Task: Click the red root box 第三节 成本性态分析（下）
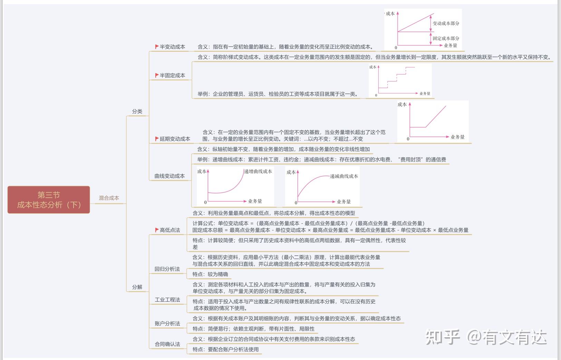pos(49,200)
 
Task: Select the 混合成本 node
pos(109,198)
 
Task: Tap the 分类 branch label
pos(137,111)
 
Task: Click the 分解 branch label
pos(137,287)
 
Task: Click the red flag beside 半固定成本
pos(157,76)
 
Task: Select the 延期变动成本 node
pos(175,139)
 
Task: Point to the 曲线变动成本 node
pos(170,176)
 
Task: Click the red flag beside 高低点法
pos(157,230)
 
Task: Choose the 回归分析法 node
pos(167,269)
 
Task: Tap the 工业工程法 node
pos(167,300)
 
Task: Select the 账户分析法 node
pos(167,324)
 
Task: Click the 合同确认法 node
pos(167,344)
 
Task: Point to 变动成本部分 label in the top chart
pos(446,23)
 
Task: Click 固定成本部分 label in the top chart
pos(446,38)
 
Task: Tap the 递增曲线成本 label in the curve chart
pos(258,172)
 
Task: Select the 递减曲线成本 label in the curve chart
pos(344,176)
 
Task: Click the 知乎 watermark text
pos(443,337)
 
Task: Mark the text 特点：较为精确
pos(210,274)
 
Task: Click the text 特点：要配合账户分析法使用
pos(225,349)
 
